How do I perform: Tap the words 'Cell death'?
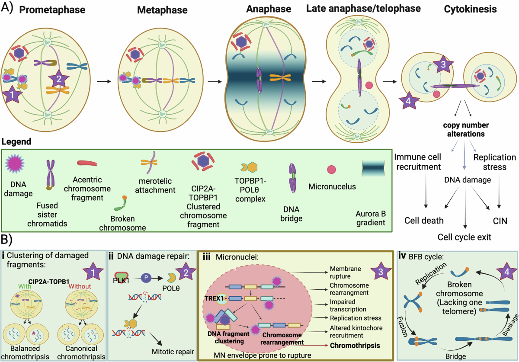coord(424,221)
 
